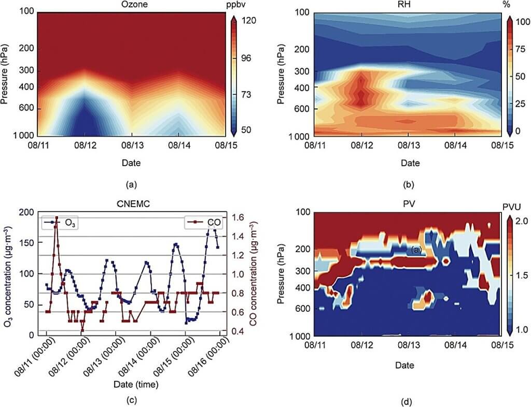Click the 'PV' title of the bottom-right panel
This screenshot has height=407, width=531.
tap(409, 203)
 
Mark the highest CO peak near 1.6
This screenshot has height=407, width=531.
tap(57, 218)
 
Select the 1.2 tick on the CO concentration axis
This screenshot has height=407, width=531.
tap(238, 255)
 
